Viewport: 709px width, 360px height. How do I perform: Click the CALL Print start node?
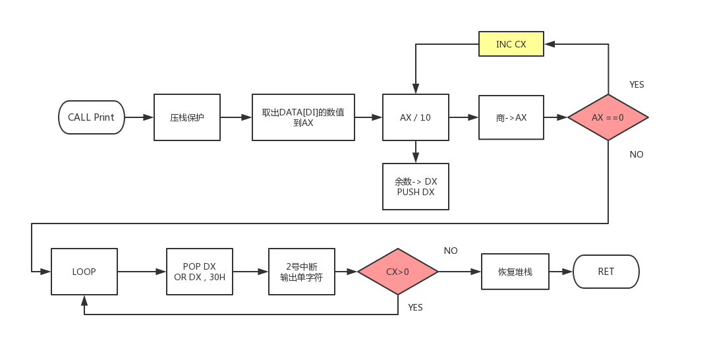[x=91, y=117]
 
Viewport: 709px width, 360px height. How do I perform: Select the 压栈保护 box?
[x=187, y=117]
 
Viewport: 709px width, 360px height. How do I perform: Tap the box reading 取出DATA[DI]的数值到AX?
[x=303, y=117]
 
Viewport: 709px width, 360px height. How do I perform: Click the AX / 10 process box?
[x=415, y=117]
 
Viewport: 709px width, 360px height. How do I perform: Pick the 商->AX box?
[x=511, y=117]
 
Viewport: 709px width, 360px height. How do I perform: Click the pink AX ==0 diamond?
[x=608, y=117]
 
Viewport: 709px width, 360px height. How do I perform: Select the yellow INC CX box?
[x=511, y=44]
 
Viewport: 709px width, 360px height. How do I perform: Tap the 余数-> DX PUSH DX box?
[x=415, y=187]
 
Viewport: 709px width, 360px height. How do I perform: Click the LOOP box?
[x=84, y=272]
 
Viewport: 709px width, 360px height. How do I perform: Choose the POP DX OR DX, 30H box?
[x=199, y=272]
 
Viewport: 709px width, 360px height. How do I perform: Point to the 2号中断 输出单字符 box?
[x=302, y=272]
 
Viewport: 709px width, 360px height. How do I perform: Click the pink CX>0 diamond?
[x=398, y=272]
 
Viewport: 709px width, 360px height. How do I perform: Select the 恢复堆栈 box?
[x=515, y=272]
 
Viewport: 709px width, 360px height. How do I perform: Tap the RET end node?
[x=606, y=272]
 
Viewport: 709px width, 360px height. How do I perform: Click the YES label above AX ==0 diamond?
[x=637, y=84]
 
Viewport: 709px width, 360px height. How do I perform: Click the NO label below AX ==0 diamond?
[x=636, y=154]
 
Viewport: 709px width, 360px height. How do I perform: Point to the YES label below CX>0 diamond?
[x=415, y=307]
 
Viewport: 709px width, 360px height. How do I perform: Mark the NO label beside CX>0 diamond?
[x=451, y=251]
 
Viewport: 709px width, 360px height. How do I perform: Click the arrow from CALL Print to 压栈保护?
[x=139, y=117]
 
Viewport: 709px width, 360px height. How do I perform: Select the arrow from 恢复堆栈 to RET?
[x=561, y=272]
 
